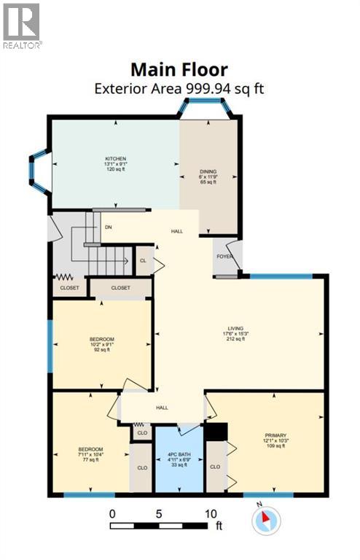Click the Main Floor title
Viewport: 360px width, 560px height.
point(179,70)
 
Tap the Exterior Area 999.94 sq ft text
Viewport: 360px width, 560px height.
point(179,88)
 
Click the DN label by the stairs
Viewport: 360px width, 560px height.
point(108,226)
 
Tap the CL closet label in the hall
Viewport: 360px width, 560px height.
point(143,260)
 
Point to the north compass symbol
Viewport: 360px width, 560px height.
point(266,519)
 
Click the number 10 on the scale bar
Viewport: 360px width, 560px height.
point(211,513)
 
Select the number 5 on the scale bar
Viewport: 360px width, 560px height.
point(159,513)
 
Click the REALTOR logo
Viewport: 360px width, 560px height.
point(22,25)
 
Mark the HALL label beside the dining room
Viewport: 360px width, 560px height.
point(177,231)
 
